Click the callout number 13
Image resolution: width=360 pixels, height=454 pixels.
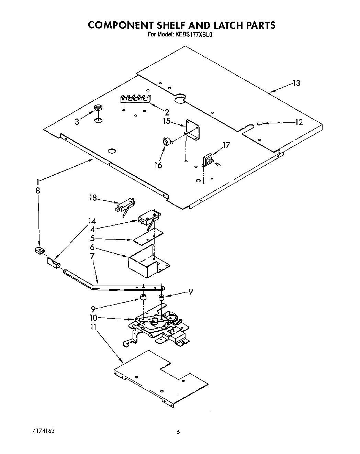point(296,83)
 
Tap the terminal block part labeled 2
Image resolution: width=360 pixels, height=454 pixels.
point(135,98)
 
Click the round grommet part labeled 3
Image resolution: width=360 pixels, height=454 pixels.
point(99,109)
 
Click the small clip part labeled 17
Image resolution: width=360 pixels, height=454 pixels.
point(208,160)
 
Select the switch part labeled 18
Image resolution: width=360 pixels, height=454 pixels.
point(125,207)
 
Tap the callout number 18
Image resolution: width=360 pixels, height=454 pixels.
point(93,198)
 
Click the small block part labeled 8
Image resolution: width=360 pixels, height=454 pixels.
point(40,251)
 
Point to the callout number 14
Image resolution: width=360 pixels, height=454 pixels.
point(92,221)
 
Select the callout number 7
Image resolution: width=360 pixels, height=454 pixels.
point(92,256)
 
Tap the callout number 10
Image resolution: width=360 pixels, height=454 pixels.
point(93,318)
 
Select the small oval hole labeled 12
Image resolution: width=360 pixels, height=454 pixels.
point(260,123)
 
